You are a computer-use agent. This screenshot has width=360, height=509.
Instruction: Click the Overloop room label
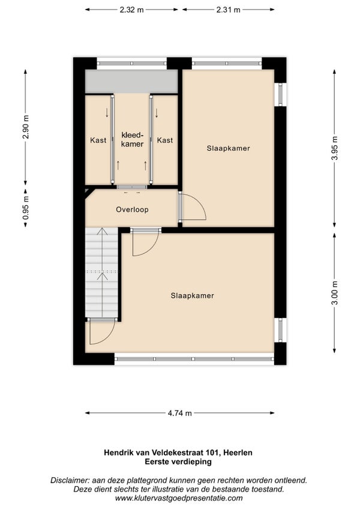pyautogui.click(x=132, y=209)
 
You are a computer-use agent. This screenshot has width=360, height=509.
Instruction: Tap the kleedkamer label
pyautogui.click(x=132, y=139)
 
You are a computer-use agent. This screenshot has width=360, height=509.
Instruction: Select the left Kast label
pyautogui.click(x=98, y=140)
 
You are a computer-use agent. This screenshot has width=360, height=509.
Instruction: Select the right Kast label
pyautogui.click(x=165, y=140)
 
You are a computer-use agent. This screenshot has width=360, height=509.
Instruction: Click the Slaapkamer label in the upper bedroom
pyautogui.click(x=228, y=148)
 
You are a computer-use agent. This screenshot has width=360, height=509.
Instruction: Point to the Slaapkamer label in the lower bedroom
pyautogui.click(x=192, y=296)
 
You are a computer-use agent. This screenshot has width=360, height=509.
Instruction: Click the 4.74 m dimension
pyautogui.click(x=180, y=413)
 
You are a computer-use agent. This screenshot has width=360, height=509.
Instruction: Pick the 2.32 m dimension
pyautogui.click(x=131, y=10)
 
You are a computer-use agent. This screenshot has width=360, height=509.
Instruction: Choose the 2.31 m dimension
pyautogui.click(x=228, y=10)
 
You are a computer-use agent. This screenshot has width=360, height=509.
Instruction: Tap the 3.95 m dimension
pyautogui.click(x=335, y=148)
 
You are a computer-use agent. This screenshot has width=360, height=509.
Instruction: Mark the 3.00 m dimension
pyautogui.click(x=335, y=293)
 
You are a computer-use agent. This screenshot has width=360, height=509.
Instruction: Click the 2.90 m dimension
pyautogui.click(x=26, y=127)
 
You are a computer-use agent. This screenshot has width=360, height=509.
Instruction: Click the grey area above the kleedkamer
pyautogui.click(x=131, y=81)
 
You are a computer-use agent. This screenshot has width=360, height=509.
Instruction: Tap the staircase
pyautogui.click(x=101, y=273)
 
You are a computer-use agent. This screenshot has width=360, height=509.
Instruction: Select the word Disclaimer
pyautogui.click(x=70, y=480)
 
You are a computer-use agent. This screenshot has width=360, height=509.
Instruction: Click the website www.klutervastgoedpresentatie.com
pyautogui.click(x=179, y=498)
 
